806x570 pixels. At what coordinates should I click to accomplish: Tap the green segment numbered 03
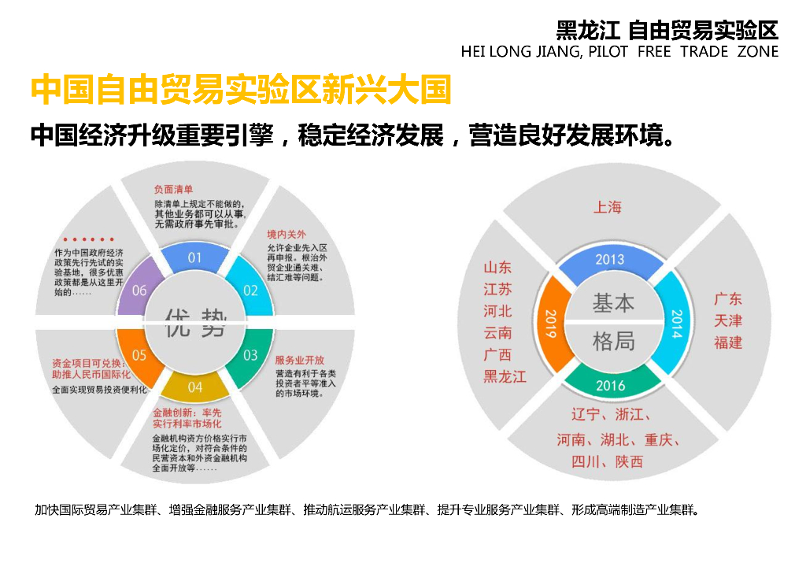(x=250, y=354)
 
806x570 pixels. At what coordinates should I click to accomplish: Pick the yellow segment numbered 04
(x=194, y=387)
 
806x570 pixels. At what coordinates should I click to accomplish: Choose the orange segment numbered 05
(x=139, y=354)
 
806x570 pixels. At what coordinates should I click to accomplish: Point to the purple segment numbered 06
(x=139, y=290)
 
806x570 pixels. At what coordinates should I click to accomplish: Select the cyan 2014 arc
(x=675, y=323)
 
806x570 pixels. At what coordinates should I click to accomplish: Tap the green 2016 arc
(x=610, y=385)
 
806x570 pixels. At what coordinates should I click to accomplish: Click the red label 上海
(x=607, y=207)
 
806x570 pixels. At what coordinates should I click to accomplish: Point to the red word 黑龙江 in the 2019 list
(x=505, y=376)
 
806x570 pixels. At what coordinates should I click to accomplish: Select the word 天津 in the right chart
(x=728, y=321)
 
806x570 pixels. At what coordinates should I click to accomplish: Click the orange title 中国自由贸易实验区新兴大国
(x=240, y=91)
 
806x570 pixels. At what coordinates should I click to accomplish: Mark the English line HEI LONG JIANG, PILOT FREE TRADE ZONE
(x=619, y=52)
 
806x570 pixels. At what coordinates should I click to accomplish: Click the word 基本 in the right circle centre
(x=613, y=302)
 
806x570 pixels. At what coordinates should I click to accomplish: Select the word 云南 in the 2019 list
(x=497, y=333)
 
